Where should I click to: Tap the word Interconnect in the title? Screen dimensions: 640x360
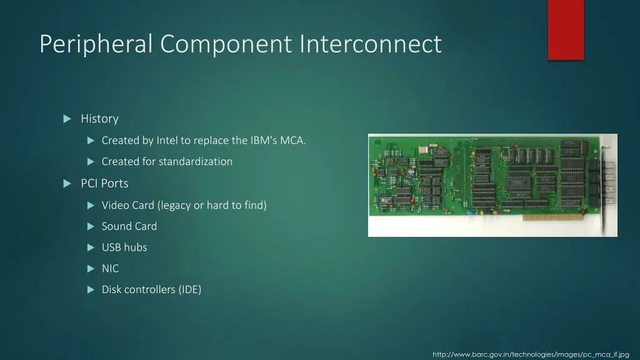[370, 44]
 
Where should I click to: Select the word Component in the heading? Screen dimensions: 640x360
[226, 44]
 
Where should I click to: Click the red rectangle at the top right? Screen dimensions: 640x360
[565, 29]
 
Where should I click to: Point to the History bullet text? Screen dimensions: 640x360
[99, 119]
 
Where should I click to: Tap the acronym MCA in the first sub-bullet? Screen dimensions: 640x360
[292, 140]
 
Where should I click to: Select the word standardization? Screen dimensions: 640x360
[195, 161]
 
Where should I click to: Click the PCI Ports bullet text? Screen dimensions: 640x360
[104, 183]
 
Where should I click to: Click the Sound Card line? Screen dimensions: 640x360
[129, 226]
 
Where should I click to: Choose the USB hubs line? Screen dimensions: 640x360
[124, 247]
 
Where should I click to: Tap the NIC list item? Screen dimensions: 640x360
[110, 269]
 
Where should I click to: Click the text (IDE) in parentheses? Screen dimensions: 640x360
[189, 290]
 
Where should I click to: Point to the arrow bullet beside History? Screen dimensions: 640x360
[67, 119]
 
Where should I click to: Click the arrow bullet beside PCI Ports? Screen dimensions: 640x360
[67, 183]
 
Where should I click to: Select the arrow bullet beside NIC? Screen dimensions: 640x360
[90, 269]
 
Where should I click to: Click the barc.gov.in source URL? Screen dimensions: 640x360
[531, 354]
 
